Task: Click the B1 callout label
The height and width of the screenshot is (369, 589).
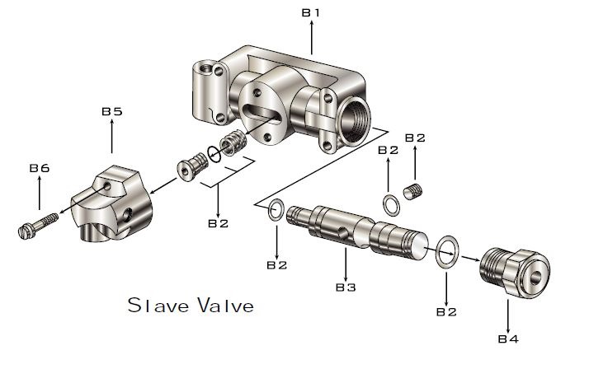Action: (311, 12)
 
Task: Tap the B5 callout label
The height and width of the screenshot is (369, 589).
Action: (112, 111)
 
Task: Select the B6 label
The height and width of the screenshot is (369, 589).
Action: (40, 168)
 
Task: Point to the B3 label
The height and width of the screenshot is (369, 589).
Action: (346, 287)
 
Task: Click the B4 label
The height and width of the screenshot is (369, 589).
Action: (508, 339)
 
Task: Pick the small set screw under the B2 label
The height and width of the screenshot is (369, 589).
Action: (412, 191)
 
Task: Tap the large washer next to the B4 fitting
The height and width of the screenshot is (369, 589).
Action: (447, 252)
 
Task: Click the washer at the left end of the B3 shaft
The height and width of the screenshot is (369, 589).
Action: (276, 208)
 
